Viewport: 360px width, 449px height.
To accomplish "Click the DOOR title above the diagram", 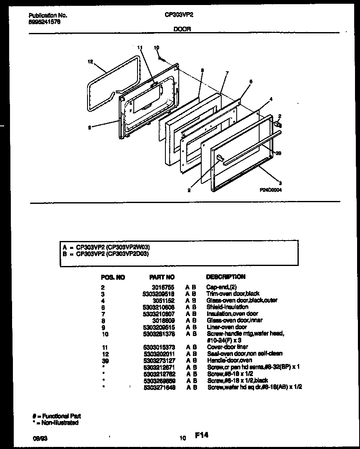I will pos(182,29).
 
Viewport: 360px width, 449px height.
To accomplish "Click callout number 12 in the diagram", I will pos(90,62).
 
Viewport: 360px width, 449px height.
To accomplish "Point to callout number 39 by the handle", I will pos(279,153).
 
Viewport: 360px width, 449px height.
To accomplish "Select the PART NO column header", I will pos(162,277).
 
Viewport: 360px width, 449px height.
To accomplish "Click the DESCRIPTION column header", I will pos(225,276).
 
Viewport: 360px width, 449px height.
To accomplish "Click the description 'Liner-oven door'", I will pos(226,327).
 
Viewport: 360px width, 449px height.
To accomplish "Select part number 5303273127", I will pos(158,360).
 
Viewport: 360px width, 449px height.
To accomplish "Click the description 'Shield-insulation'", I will pos(227,307).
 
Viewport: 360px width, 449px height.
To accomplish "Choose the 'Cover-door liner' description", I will pos(227,347).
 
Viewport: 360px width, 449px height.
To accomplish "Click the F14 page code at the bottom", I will pos(201,435).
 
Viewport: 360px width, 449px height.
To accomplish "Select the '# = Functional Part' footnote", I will pos(57,416).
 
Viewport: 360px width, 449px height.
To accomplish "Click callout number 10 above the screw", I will pos(157,48).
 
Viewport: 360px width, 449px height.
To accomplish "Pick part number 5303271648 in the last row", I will pos(158,387).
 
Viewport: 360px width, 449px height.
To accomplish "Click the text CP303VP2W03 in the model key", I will pos(126,247).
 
